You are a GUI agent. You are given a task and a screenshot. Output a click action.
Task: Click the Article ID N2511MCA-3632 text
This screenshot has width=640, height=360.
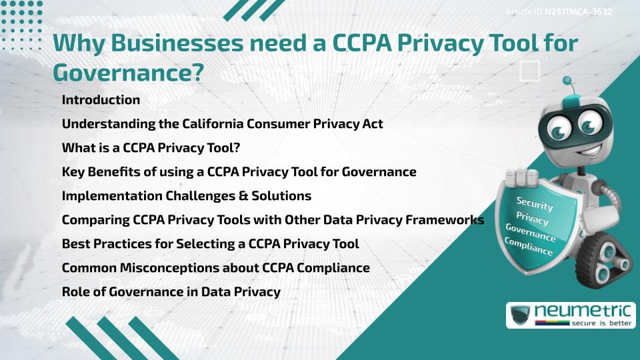[x=559, y=12]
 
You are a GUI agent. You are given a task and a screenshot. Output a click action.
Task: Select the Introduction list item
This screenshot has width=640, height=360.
[x=101, y=100]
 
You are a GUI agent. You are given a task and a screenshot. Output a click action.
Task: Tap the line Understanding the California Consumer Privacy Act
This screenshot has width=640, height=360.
[x=222, y=124]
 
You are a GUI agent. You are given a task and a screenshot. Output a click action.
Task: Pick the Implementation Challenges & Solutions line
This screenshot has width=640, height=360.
[x=186, y=196]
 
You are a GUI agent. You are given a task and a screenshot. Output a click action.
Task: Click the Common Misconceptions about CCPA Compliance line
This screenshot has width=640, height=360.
[x=215, y=268]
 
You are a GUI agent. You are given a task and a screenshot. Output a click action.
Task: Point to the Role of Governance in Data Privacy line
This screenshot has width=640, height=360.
[x=171, y=292]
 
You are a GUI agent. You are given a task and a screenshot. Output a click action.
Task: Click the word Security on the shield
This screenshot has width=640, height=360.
[x=535, y=203]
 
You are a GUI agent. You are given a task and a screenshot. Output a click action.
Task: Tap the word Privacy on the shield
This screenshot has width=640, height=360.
[x=533, y=219]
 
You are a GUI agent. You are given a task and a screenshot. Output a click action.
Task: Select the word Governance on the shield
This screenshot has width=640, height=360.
[x=531, y=233]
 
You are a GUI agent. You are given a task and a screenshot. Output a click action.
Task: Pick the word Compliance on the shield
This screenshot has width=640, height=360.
[x=529, y=248]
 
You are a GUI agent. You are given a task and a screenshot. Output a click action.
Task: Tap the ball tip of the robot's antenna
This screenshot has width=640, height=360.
[x=567, y=81]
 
